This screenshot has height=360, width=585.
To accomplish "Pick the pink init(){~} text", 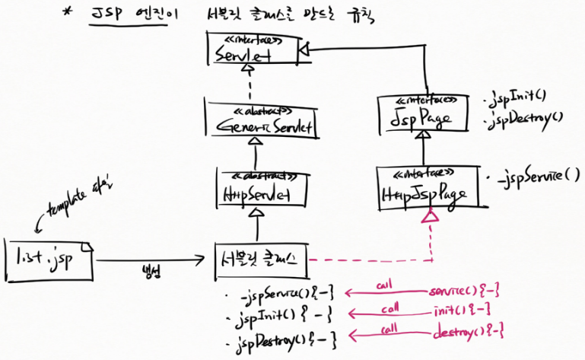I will [458, 312].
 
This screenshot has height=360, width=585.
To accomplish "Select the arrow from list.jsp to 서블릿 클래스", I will [152, 260].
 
